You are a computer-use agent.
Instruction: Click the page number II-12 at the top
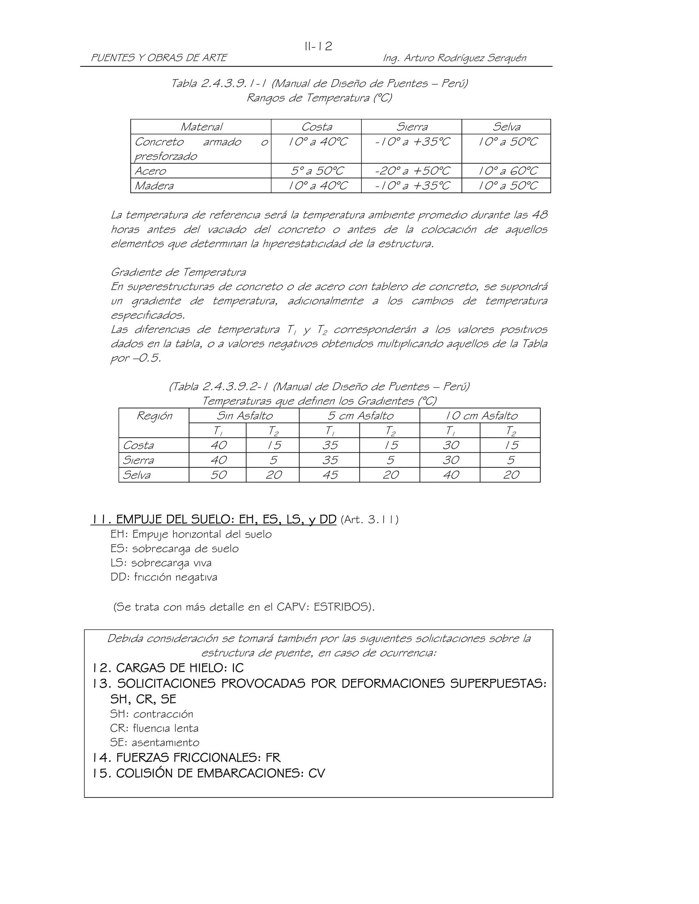(318, 46)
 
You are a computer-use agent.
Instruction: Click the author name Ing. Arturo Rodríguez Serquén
(454, 58)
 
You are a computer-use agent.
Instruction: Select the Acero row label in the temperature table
(150, 171)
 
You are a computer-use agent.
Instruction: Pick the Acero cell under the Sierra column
(412, 171)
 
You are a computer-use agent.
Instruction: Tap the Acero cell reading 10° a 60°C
(507, 171)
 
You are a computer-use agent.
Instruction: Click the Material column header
(201, 127)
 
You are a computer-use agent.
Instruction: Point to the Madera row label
(154, 186)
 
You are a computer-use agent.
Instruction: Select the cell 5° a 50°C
(316, 171)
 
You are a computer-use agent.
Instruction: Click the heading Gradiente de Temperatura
(178, 272)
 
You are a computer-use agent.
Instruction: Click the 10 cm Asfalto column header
(481, 415)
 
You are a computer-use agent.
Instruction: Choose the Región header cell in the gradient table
(154, 416)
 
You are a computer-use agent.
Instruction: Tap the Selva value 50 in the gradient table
(218, 475)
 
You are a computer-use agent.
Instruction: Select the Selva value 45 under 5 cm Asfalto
(330, 475)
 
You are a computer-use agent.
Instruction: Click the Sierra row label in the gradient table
(138, 460)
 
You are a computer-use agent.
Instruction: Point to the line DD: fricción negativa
(163, 577)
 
